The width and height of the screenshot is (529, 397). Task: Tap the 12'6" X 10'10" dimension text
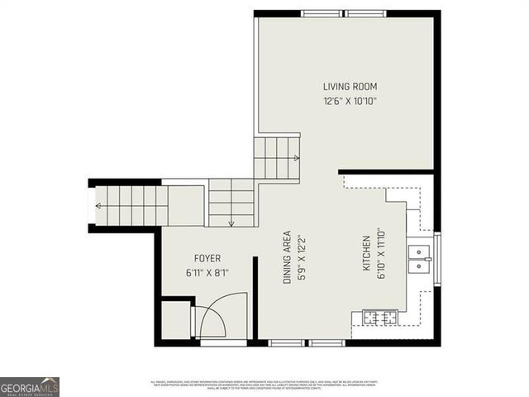tap(345, 102)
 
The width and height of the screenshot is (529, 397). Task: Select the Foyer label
tap(207, 258)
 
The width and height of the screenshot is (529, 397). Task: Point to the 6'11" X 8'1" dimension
tap(207, 273)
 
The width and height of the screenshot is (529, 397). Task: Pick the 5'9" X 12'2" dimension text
tap(302, 257)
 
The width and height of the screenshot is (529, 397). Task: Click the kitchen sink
tap(422, 257)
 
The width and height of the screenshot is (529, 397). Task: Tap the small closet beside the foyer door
tap(175, 319)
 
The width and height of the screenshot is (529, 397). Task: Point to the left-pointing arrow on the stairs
tap(99, 205)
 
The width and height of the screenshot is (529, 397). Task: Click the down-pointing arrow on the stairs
tap(231, 222)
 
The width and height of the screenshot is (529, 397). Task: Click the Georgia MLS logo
tap(30, 386)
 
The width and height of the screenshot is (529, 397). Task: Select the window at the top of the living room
tap(343, 13)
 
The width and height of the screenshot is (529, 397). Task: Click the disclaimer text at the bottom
tap(264, 384)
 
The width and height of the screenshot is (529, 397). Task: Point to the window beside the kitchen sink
tap(437, 258)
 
